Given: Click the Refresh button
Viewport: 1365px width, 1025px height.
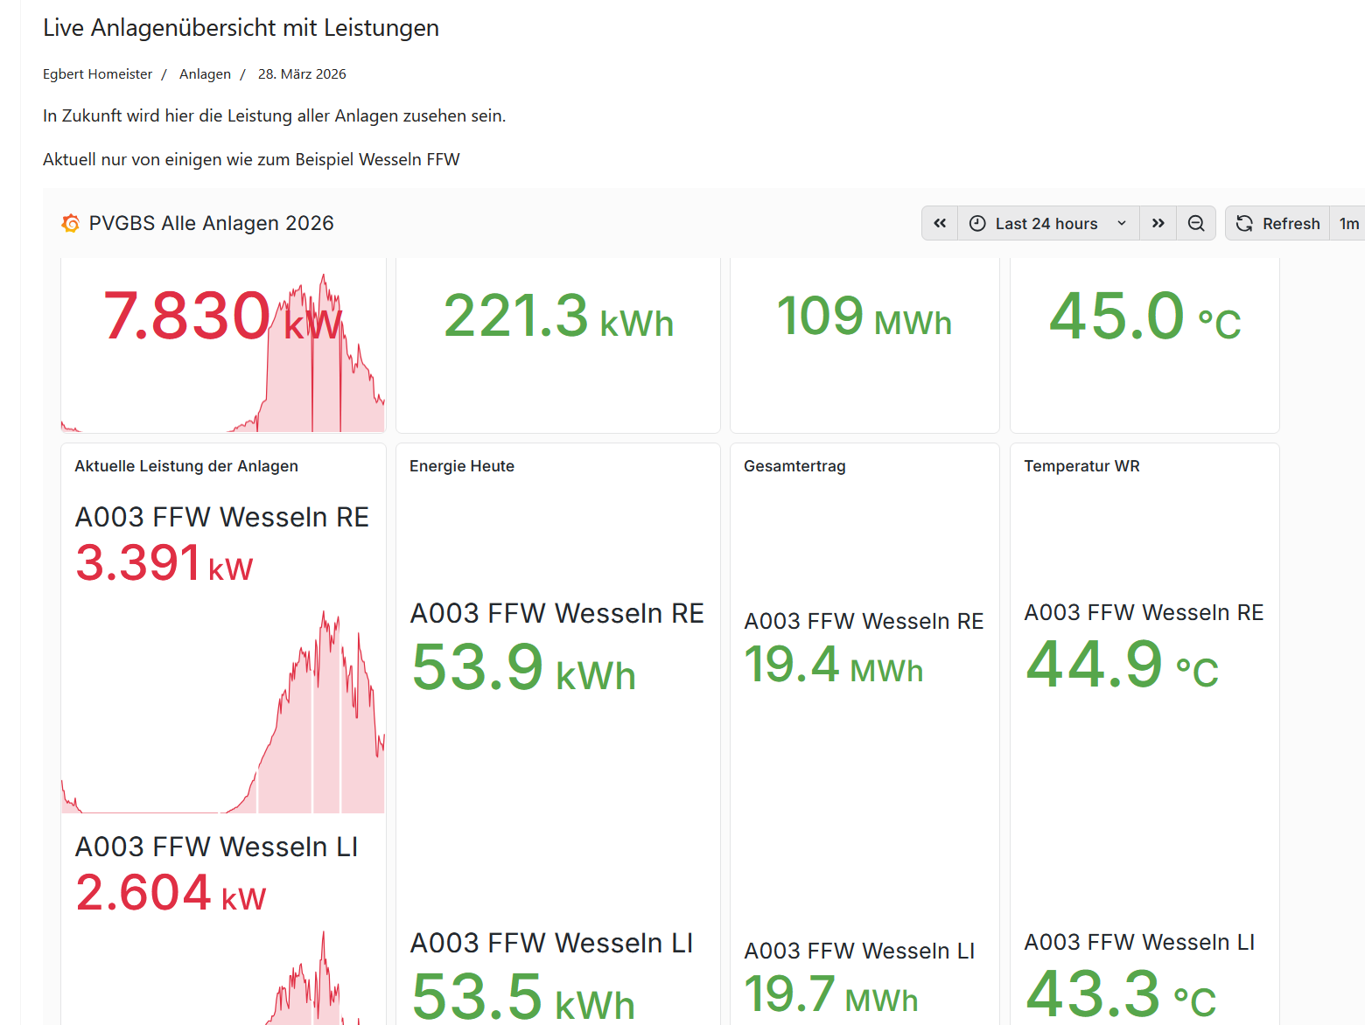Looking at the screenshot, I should (x=1277, y=224).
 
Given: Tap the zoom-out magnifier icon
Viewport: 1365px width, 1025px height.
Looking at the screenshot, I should (x=1196, y=224).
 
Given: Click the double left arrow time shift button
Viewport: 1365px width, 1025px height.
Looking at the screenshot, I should (x=940, y=224).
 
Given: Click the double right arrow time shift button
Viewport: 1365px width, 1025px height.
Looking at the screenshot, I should (x=1158, y=224).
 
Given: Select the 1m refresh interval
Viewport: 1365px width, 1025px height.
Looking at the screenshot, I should (x=1348, y=224).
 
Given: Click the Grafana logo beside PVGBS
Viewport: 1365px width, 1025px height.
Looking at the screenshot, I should (x=71, y=224).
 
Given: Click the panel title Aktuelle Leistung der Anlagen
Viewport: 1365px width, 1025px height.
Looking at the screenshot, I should (x=186, y=466).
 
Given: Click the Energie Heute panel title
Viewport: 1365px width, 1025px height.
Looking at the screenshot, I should (x=462, y=466).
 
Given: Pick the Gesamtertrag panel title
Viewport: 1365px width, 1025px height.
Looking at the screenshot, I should (x=794, y=466).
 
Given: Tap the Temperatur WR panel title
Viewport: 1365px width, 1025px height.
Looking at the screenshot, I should (x=1081, y=466).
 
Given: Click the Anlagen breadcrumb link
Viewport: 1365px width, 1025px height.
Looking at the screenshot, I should (x=205, y=74).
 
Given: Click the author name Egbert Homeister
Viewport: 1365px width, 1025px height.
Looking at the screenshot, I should (x=97, y=74).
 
